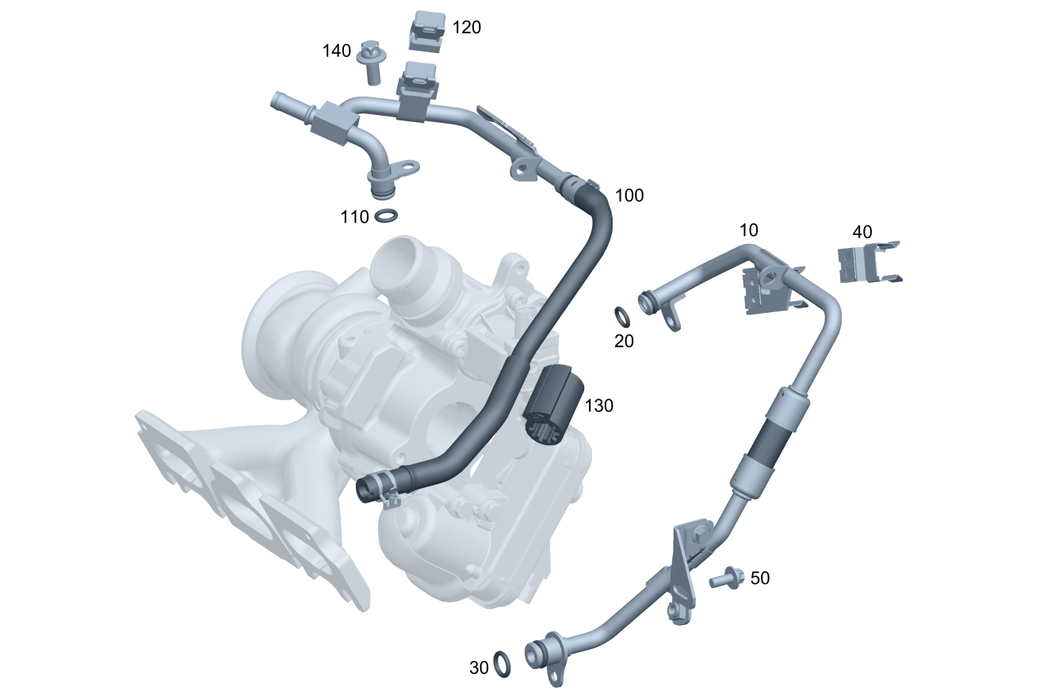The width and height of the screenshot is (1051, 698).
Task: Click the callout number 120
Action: (466, 28)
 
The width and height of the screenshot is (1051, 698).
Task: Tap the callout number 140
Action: (336, 51)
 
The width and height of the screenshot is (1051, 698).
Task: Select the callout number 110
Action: (355, 217)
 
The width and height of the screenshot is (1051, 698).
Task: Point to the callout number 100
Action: (629, 196)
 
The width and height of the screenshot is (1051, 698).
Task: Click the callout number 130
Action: (598, 406)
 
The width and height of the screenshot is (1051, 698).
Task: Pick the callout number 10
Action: (749, 231)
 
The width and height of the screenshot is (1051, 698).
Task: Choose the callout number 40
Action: (862, 231)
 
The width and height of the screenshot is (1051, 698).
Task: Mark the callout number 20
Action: (624, 341)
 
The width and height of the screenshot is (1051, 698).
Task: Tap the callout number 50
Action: (760, 578)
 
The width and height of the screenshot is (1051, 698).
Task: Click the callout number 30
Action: (479, 668)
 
